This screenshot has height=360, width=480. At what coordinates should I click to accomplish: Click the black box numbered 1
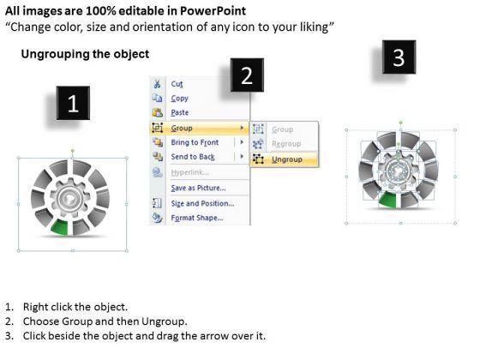[73, 103]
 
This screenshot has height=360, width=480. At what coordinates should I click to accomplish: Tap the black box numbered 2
[247, 75]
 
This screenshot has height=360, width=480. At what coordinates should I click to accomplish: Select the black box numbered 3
[399, 57]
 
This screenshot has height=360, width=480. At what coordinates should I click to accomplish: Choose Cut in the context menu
[177, 84]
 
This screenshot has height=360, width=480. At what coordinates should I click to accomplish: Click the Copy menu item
[179, 99]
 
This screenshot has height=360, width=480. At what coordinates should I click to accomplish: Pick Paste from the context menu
[180, 112]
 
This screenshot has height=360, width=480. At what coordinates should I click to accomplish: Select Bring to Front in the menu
[195, 142]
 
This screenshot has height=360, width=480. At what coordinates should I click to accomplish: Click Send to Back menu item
[193, 157]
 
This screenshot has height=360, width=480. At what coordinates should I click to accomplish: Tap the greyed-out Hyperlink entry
[189, 172]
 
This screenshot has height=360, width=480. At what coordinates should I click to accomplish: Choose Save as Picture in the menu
[198, 188]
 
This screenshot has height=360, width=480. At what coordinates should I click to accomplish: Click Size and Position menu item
[202, 203]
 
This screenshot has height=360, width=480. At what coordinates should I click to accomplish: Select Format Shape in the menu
[197, 218]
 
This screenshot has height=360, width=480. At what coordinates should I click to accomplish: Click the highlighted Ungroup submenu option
[287, 159]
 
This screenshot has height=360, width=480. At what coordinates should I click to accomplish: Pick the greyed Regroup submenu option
[286, 144]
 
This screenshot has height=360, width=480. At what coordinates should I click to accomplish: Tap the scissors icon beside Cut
[158, 84]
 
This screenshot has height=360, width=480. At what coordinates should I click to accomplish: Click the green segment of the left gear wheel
[60, 227]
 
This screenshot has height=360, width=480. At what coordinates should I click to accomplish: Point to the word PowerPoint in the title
[213, 11]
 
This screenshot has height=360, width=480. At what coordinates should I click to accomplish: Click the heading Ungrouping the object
[85, 54]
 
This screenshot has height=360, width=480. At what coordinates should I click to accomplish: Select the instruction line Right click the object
[75, 307]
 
